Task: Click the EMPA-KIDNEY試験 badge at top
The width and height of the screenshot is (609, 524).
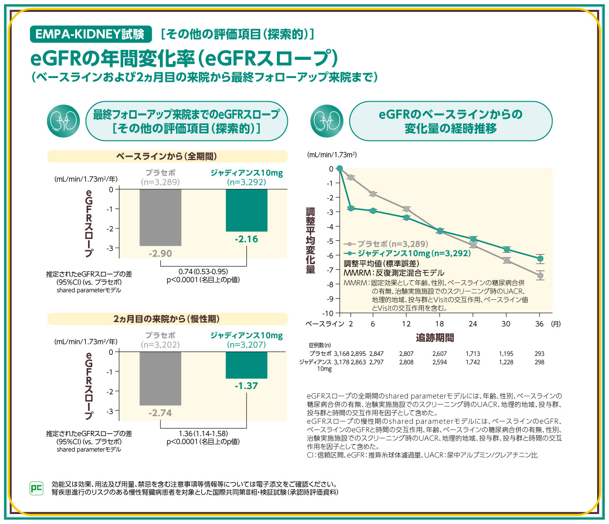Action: pyautogui.click(x=90, y=34)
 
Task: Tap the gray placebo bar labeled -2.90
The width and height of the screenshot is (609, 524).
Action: pyautogui.click(x=160, y=217)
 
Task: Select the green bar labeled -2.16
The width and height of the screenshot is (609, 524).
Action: pyautogui.click(x=246, y=210)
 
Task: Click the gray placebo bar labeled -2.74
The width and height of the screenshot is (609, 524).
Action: pyautogui.click(x=160, y=378)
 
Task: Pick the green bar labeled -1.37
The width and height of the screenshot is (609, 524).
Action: pyautogui.click(x=246, y=365)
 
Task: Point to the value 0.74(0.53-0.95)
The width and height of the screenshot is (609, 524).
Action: pyautogui.click(x=203, y=271)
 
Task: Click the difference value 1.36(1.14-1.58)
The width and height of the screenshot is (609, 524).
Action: pyautogui.click(x=203, y=433)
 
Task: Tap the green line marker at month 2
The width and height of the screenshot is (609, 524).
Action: pyautogui.click(x=351, y=208)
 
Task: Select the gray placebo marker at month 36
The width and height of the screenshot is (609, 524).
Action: pyautogui.click(x=540, y=276)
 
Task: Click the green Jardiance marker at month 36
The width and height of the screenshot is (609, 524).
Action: pyautogui.click(x=540, y=258)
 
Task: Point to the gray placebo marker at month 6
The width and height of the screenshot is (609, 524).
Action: pyautogui.click(x=373, y=194)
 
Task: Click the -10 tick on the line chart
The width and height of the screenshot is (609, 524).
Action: pyautogui.click(x=328, y=313)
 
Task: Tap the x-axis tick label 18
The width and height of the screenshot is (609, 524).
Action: pyautogui.click(x=439, y=324)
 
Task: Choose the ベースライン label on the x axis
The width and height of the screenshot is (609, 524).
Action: pyautogui.click(x=324, y=324)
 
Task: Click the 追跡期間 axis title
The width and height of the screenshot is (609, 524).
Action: pyautogui.click(x=435, y=338)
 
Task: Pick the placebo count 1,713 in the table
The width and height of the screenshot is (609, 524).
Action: pyautogui.click(x=472, y=354)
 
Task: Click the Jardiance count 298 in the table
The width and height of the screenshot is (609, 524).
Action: pyautogui.click(x=539, y=362)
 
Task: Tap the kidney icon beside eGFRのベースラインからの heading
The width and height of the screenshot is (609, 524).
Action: pyautogui.click(x=326, y=121)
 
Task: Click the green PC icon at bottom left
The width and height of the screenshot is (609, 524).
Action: pyautogui.click(x=37, y=488)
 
